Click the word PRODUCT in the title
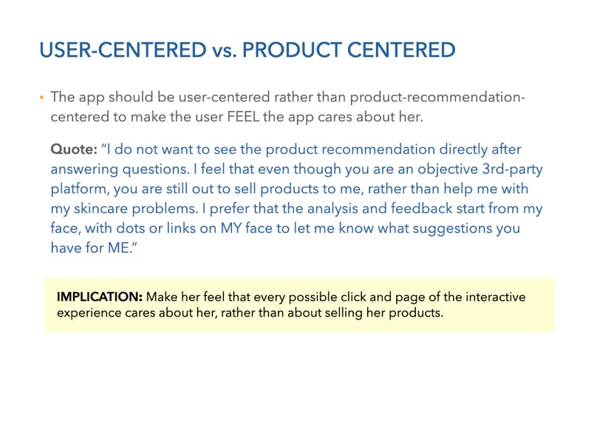[x=292, y=50]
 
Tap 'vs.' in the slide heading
[x=225, y=51]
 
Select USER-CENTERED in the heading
[x=123, y=50]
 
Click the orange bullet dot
[x=41, y=98]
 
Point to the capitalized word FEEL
[x=243, y=116]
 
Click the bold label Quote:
[x=74, y=149]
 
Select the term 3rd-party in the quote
[x=512, y=169]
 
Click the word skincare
[x=100, y=209]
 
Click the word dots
[x=131, y=229]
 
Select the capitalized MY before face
[x=231, y=229]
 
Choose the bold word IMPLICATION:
[x=100, y=297]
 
